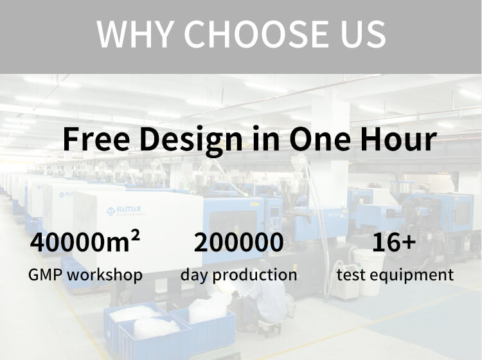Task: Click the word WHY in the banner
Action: pos(134,33)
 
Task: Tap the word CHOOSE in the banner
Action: pos(256,33)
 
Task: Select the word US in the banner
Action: pos(362,33)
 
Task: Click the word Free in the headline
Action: pos(96,139)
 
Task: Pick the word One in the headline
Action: pos(320,139)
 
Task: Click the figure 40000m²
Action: pos(85,241)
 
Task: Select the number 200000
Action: pos(239,242)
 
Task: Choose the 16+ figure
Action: pos(394,242)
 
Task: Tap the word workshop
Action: pos(105,274)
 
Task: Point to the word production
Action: pos(255,274)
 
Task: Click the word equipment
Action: pos(411,275)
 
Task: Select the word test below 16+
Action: pos(352,274)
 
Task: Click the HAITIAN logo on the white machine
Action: pos(123,211)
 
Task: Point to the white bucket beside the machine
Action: pos(369,271)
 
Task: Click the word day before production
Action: pos(195,275)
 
